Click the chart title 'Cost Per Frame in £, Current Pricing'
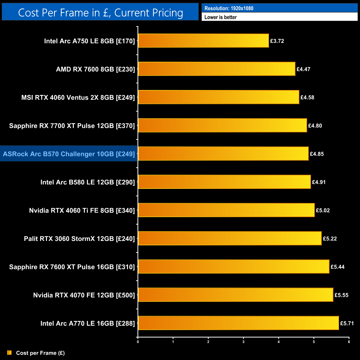point(100,13)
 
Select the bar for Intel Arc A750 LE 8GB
point(203,41)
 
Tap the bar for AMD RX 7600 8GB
point(217,69)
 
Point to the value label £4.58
point(307,97)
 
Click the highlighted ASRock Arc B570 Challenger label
point(69,154)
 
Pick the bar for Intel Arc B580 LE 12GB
point(224,182)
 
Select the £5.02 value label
point(323,210)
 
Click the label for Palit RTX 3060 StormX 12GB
point(79,239)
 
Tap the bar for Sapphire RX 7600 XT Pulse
point(233,267)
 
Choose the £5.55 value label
point(341,295)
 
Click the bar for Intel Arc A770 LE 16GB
point(238,323)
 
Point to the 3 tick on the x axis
point(243,342)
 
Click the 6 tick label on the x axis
point(349,342)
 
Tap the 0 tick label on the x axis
point(138,342)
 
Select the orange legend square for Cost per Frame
point(9,353)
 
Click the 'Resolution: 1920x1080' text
point(229,8)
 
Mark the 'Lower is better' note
point(220,17)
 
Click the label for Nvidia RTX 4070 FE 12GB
point(84,295)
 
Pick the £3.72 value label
point(277,41)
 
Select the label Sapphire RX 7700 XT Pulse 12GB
point(72,126)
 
